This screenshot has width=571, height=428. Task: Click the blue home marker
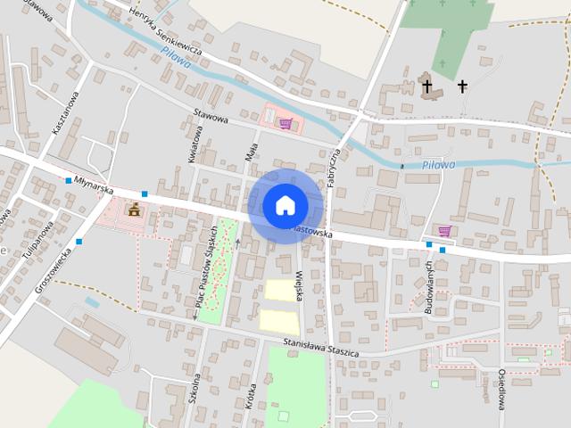point(285,205)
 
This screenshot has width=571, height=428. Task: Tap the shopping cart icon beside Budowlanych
point(444,232)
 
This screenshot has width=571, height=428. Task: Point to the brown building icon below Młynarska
point(134,210)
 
